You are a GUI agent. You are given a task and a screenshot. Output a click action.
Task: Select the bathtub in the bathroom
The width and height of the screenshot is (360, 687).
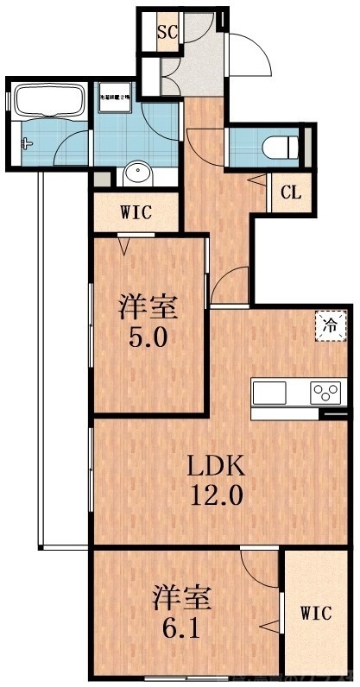(47, 100)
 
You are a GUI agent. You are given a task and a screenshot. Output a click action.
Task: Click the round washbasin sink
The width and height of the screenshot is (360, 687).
(137, 175)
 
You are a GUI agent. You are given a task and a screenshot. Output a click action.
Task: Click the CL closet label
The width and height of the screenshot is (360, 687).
(291, 192)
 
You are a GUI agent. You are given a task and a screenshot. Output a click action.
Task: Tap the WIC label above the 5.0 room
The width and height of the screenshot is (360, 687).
(136, 211)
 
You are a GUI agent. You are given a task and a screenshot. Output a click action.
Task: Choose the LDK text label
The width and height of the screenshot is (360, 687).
(218, 467)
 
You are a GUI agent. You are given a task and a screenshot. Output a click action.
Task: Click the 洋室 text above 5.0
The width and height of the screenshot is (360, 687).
(148, 306)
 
